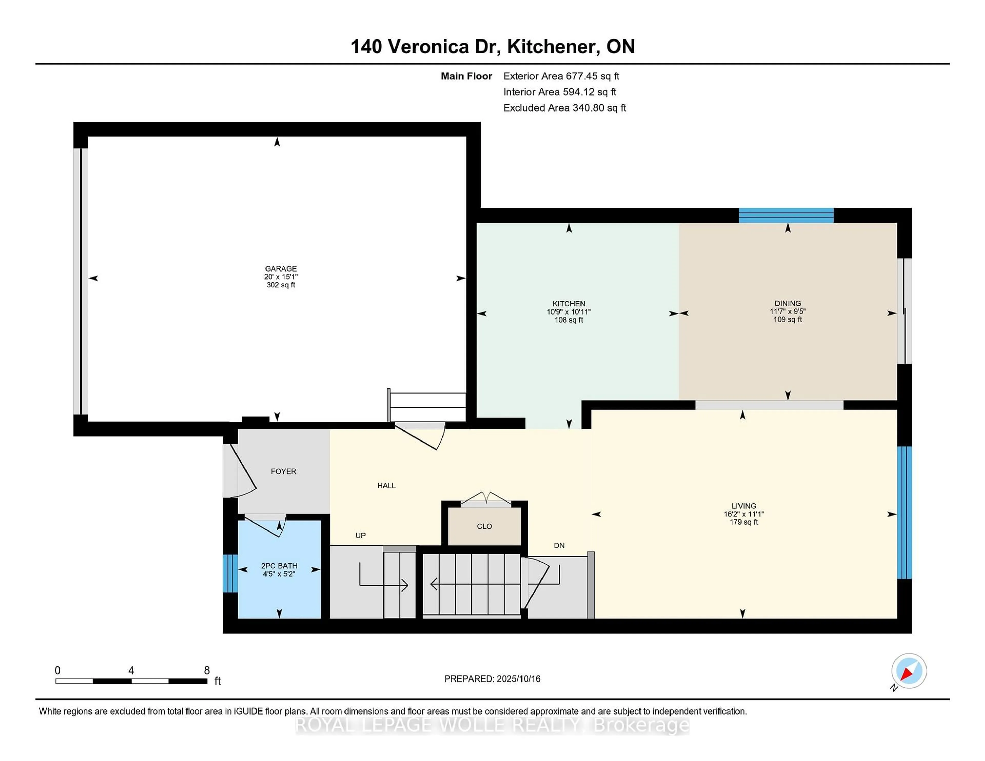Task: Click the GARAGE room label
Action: (281, 268)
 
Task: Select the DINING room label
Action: (787, 303)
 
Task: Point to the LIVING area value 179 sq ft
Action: (744, 522)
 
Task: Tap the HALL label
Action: (386, 486)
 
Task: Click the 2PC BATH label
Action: (279, 566)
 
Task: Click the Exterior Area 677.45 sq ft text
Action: (561, 76)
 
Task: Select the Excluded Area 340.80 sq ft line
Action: (564, 108)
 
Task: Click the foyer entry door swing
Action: (241, 471)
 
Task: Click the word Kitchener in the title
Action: (553, 46)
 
